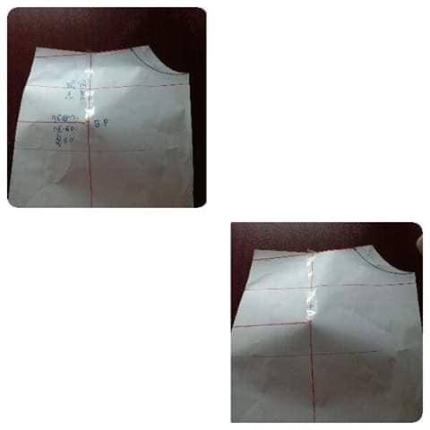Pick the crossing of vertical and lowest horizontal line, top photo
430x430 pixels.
92,150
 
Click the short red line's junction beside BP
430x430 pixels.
92,118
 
